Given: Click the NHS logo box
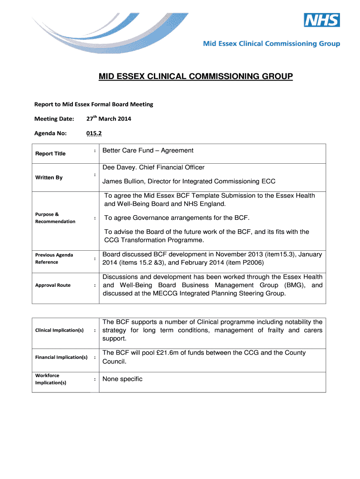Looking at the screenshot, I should point(322,20).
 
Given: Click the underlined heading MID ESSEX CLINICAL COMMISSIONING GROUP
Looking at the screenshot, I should point(195,76).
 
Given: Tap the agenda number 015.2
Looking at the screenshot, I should point(94,133).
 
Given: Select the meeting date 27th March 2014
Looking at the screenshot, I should point(109,119).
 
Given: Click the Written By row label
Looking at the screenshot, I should point(49,178).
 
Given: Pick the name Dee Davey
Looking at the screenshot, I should point(120,167).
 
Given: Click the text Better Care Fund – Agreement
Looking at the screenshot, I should point(148,151).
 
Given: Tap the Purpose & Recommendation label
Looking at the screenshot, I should point(55,218).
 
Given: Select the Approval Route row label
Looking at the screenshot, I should point(53,285).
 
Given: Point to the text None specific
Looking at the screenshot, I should point(122,379).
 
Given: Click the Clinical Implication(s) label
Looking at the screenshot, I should point(59,331).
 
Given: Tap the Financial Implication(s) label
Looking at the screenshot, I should point(61,357).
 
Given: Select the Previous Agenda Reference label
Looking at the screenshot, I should point(54,259).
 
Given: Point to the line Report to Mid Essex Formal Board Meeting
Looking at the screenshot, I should point(94,104).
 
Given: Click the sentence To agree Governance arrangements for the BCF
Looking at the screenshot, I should point(177,218).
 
